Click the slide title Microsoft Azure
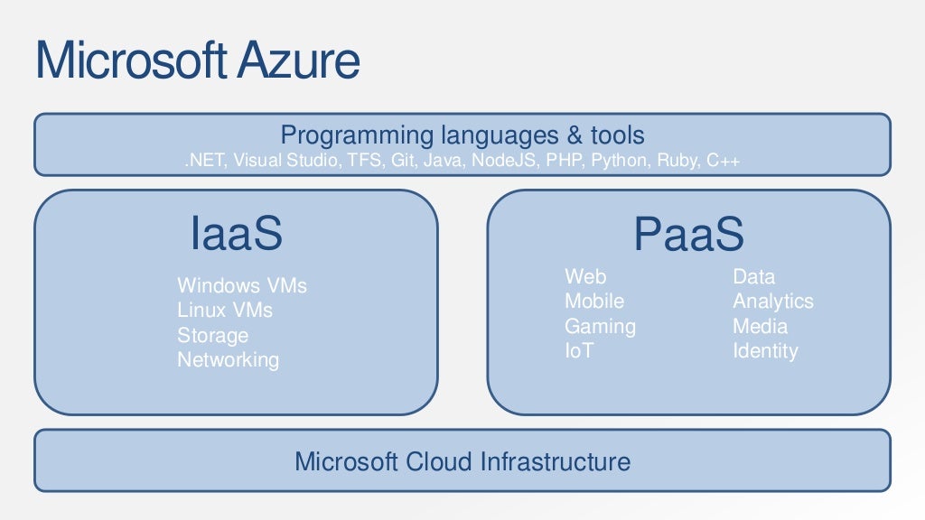coord(197,60)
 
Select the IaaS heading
coord(237,234)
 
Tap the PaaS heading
coord(688,236)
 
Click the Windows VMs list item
coord(242,286)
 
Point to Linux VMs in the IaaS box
coord(225,311)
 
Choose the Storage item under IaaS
coord(212,336)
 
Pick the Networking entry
coord(228,360)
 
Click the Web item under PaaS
coord(585,276)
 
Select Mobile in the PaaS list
coord(594,301)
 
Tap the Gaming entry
coord(600,326)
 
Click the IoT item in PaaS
coord(579,350)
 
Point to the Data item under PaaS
coord(753,276)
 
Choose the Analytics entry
coord(772,301)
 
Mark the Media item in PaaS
coord(760,326)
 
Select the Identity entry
coord(765,350)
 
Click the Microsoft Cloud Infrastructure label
coord(462,462)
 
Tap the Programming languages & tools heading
coord(462,135)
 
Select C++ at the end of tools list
coord(724,161)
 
